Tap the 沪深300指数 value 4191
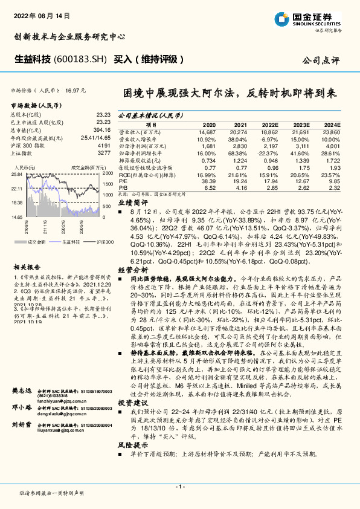pos(103,146)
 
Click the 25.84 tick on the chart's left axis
pos(17,174)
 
